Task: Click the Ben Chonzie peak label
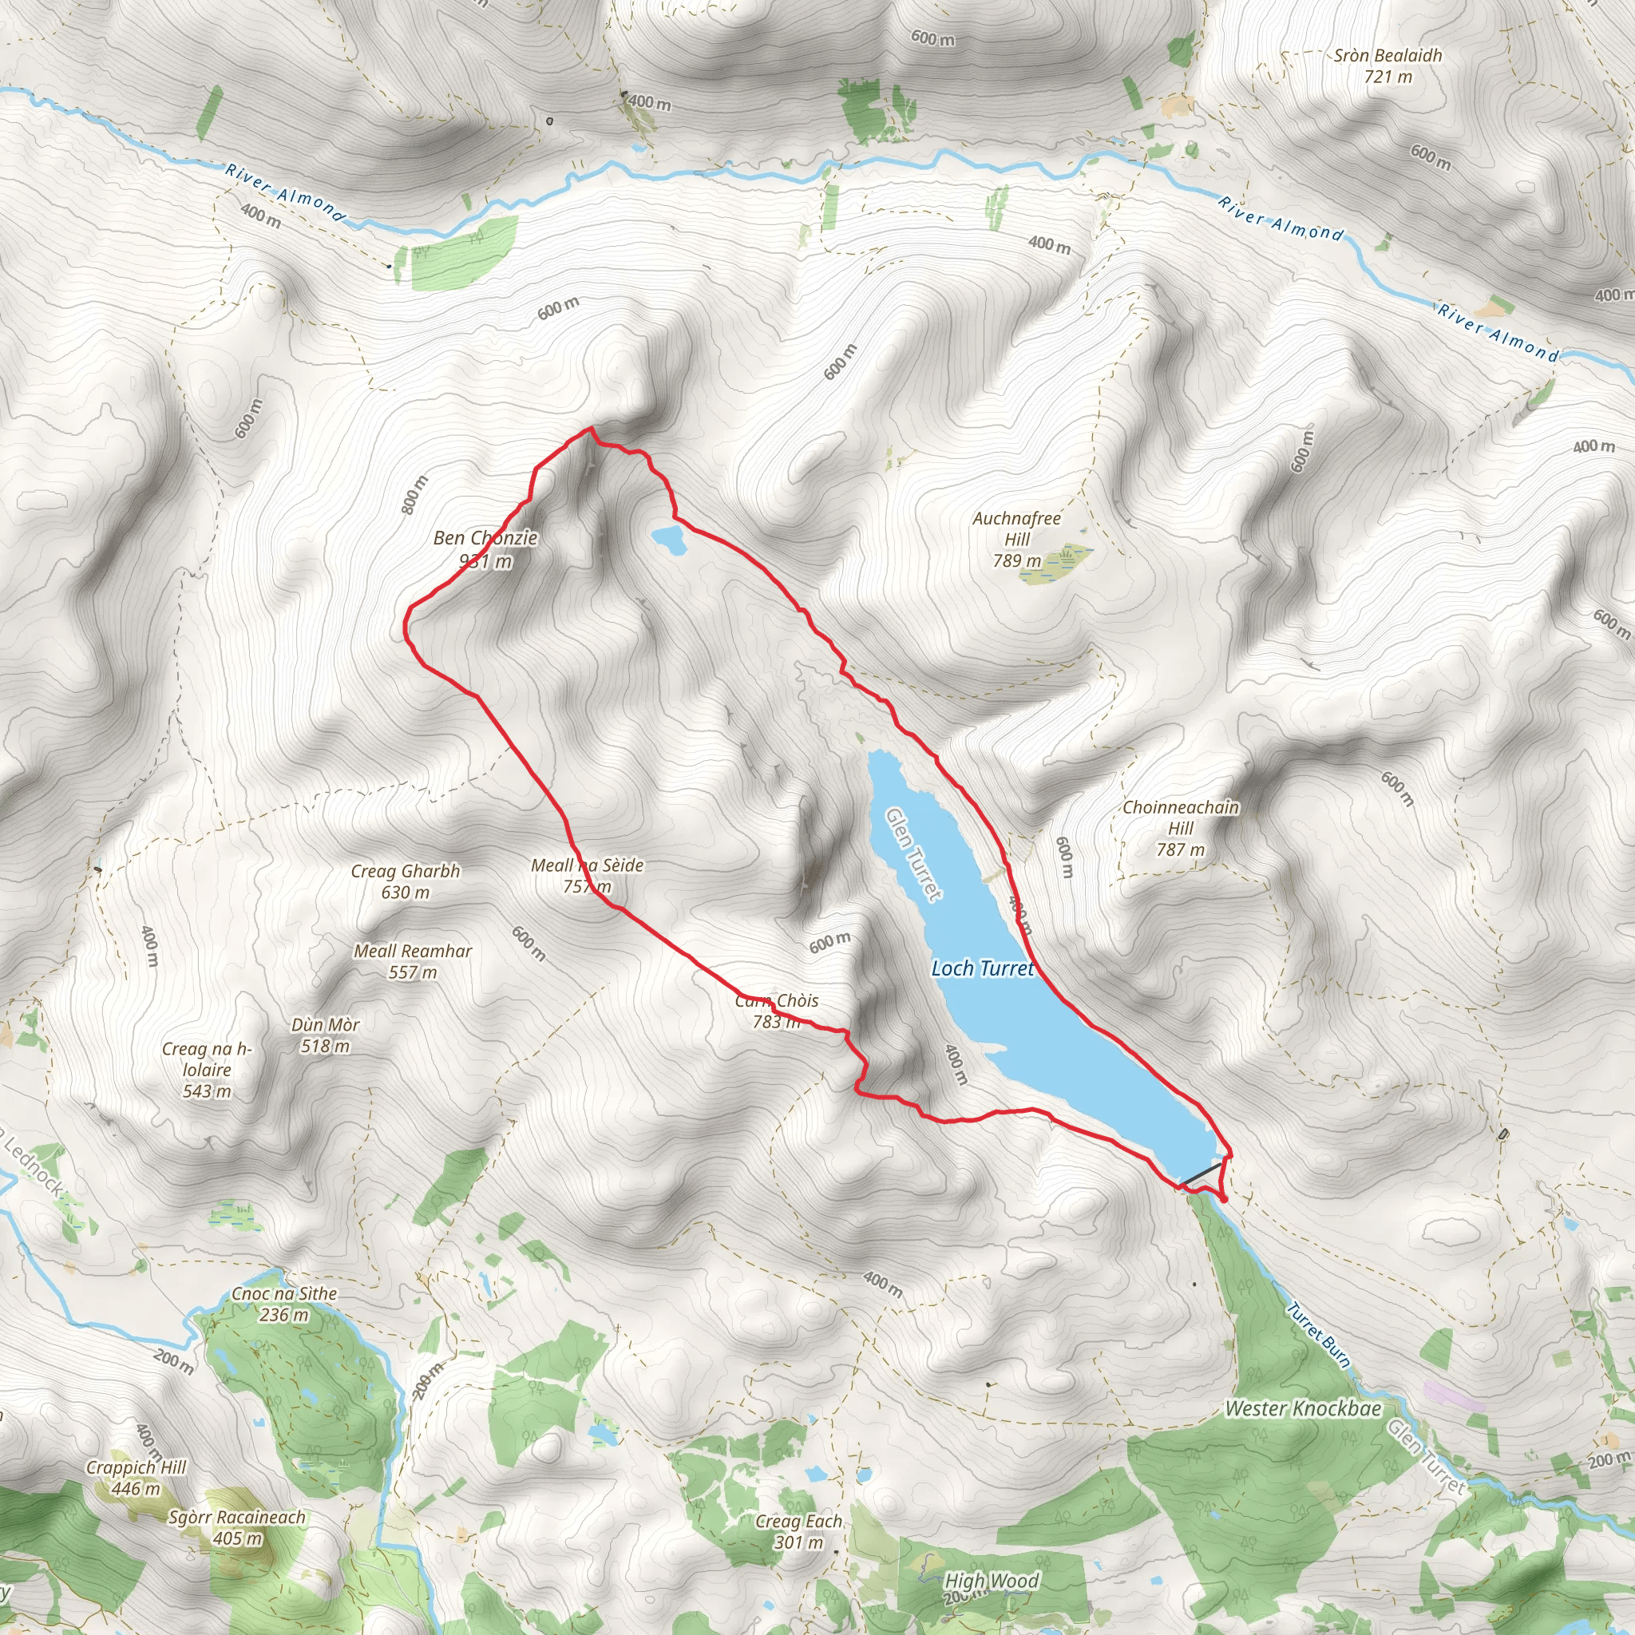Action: click(485, 548)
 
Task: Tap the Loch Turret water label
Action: click(983, 968)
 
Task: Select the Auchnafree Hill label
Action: click(1016, 539)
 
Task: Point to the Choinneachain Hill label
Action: click(1181, 828)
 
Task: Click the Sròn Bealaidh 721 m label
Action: click(1388, 66)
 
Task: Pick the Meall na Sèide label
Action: click(588, 875)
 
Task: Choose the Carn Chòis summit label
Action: click(777, 1011)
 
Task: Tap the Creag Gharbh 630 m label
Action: click(406, 881)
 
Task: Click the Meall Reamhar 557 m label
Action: click(413, 961)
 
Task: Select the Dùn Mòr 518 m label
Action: click(326, 1035)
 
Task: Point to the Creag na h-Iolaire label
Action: click(208, 1070)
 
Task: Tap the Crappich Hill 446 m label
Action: click(136, 1478)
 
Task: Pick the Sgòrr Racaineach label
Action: click(237, 1527)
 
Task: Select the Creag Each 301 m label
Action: click(799, 1531)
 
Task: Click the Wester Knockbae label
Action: click(1303, 1408)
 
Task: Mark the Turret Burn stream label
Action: click(1319, 1335)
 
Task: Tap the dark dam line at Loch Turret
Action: click(1202, 1174)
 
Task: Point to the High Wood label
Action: click(991, 1580)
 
